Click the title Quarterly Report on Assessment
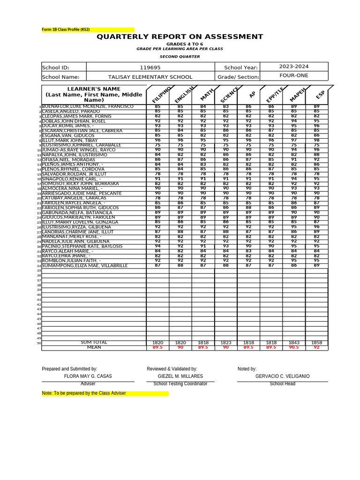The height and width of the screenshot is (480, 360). [x=180, y=37]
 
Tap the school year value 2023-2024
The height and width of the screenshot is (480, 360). [x=294, y=67]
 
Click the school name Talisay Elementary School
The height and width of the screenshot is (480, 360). [x=150, y=77]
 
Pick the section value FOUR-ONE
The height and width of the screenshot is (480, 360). [x=294, y=75]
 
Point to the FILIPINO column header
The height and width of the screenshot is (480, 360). [x=160, y=95]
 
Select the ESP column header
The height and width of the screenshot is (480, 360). [x=320, y=95]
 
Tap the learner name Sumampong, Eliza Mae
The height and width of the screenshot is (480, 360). [x=84, y=266]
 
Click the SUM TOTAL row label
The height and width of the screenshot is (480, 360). [x=94, y=343]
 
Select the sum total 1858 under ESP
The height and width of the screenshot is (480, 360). [x=316, y=343]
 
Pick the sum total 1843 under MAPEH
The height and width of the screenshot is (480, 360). [x=293, y=343]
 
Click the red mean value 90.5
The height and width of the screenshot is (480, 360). [x=293, y=348]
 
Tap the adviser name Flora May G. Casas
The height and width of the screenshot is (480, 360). [x=88, y=376]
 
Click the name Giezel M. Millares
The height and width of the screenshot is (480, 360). [x=180, y=376]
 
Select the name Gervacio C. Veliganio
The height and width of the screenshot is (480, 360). [x=282, y=376]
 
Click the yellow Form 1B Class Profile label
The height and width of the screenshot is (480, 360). [x=66, y=30]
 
